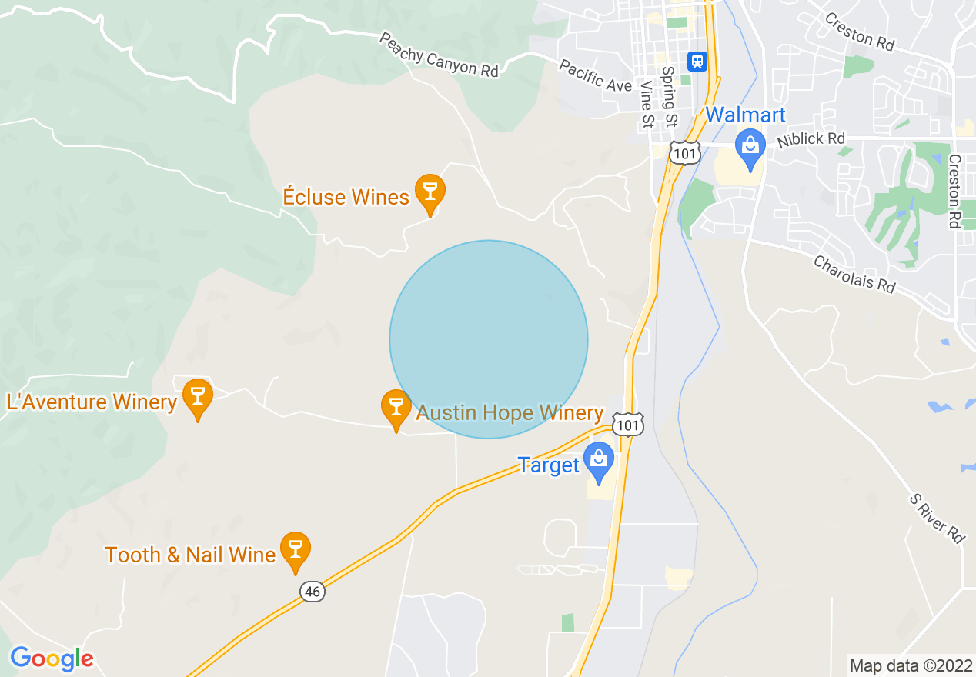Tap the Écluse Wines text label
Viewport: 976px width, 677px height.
coord(346,197)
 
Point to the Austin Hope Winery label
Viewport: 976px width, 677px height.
coord(510,413)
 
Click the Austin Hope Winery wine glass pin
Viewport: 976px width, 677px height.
coord(396,408)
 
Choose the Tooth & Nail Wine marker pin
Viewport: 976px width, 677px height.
coord(295,550)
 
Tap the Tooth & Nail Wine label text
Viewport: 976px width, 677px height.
coord(190,555)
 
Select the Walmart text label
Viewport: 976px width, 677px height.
coord(745,115)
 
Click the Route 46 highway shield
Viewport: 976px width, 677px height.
coord(313,592)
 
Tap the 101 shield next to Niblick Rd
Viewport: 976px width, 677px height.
coord(684,154)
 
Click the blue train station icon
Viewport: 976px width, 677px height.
coord(697,61)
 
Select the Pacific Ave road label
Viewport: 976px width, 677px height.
coord(596,75)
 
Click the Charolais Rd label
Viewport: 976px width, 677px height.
coord(854,274)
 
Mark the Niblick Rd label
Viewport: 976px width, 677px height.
coord(811,139)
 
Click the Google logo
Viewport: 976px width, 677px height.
coord(52,659)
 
